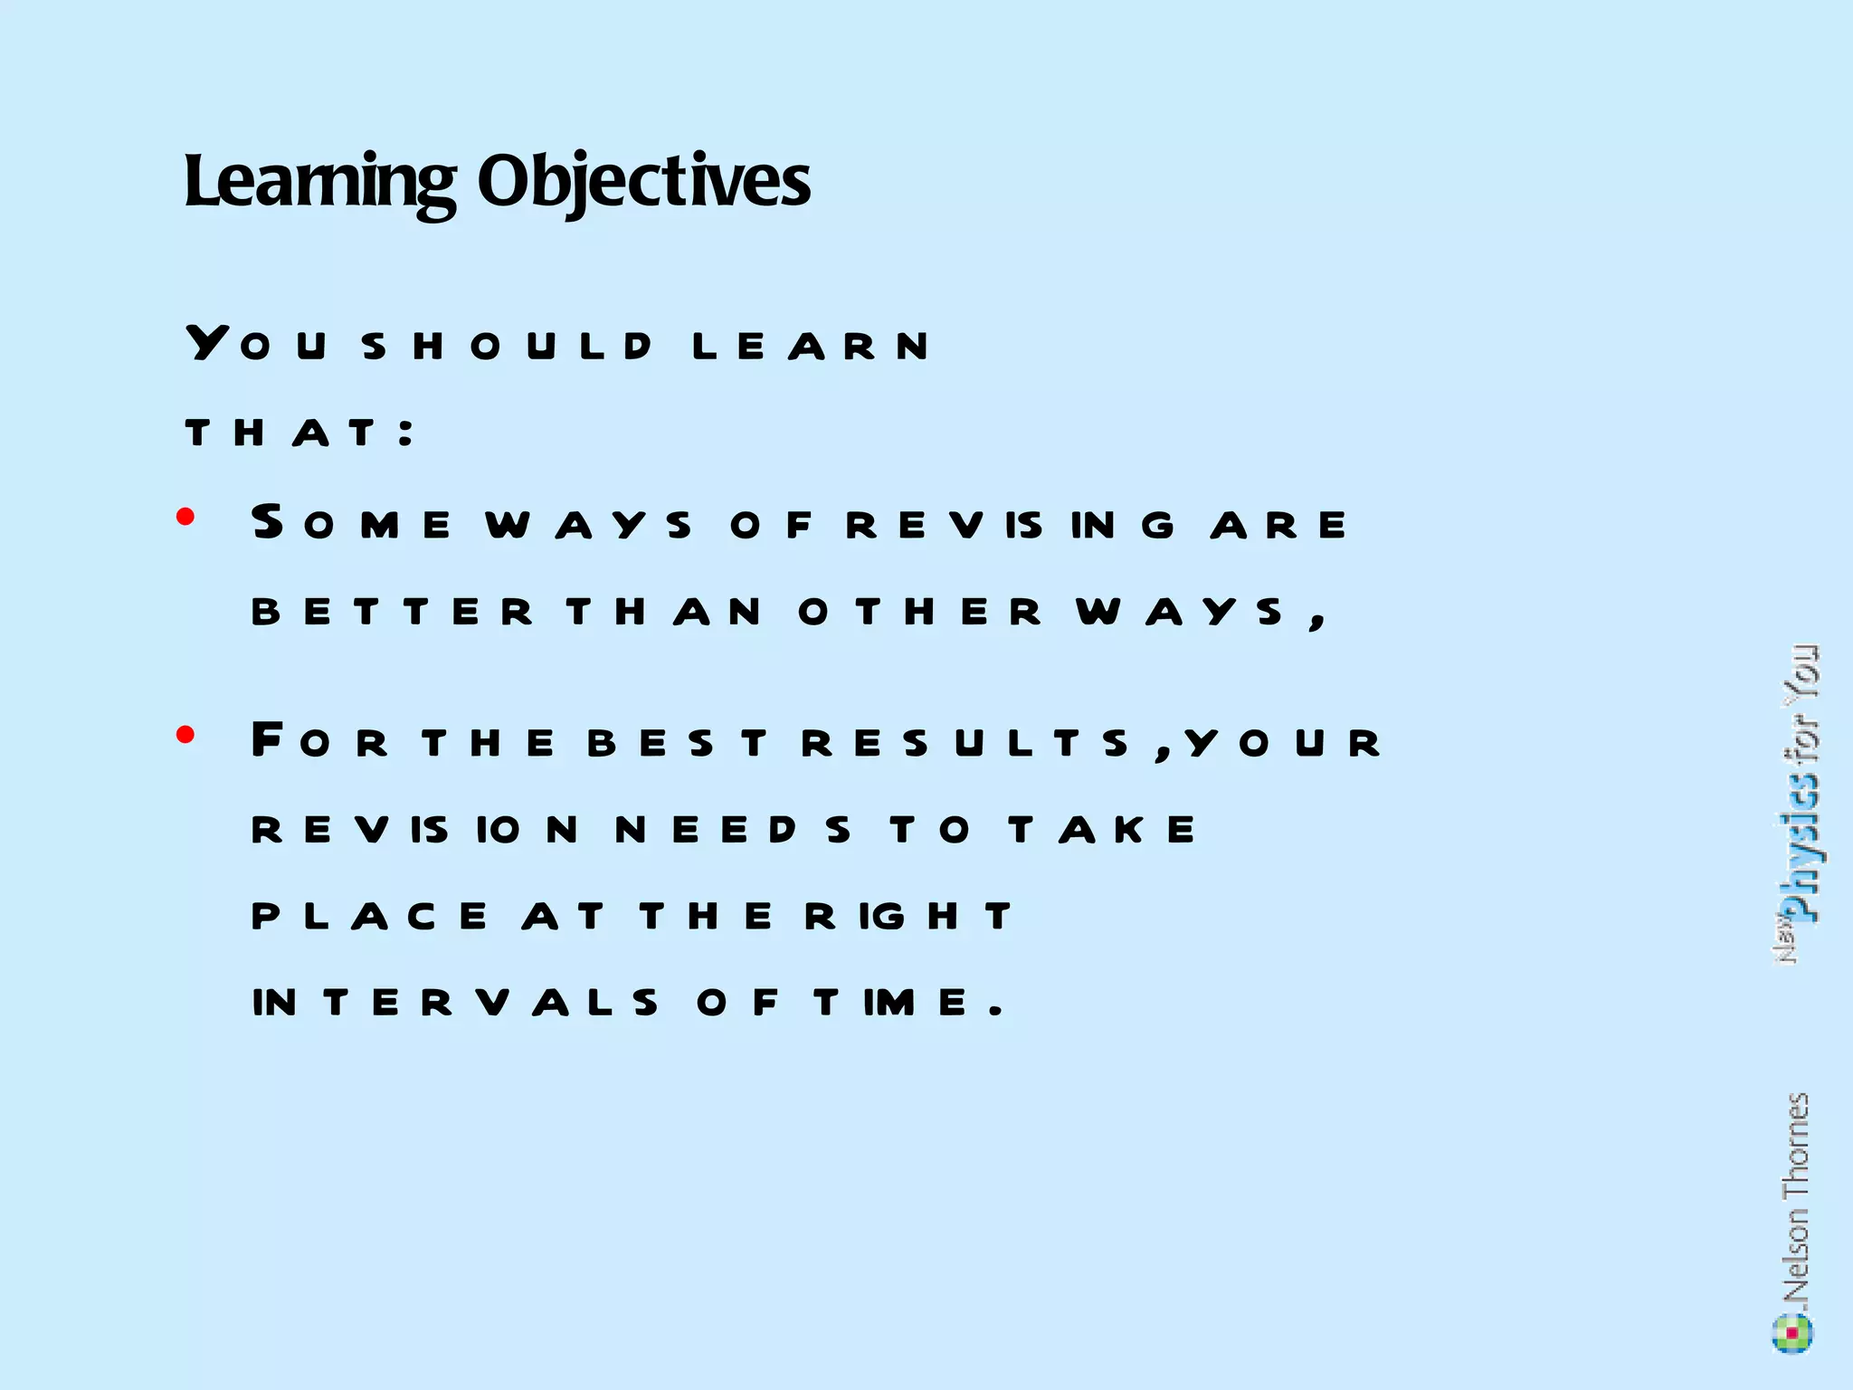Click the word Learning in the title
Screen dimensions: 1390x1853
tap(319, 182)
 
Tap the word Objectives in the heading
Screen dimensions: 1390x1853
tap(643, 182)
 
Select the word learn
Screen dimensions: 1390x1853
tap(810, 347)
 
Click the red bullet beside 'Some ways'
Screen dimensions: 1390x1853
tap(186, 517)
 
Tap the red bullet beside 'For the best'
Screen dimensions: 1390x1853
tap(186, 734)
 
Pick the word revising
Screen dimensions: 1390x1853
tap(1010, 525)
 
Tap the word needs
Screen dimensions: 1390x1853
tap(733, 830)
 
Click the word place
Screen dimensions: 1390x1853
tap(369, 917)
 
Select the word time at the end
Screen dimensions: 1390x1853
tap(891, 1003)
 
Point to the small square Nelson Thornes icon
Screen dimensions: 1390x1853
tap(1792, 1333)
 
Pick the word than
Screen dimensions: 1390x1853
tap(664, 613)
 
